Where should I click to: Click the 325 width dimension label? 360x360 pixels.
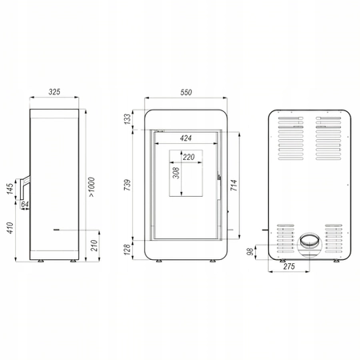pos(54,92)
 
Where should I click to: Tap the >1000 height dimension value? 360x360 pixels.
pos(91,187)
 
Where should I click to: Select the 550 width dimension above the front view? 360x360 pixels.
pos(186,92)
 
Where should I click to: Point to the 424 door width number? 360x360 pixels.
pos(186,138)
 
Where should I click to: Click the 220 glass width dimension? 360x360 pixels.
pos(189,157)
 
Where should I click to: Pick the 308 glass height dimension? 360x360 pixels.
pos(176,173)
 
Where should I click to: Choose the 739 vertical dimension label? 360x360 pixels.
pos(127,185)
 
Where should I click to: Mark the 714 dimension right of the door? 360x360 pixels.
pos(234,185)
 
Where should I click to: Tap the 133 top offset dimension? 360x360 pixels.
pos(128,119)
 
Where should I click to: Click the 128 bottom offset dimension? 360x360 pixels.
pos(128,250)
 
